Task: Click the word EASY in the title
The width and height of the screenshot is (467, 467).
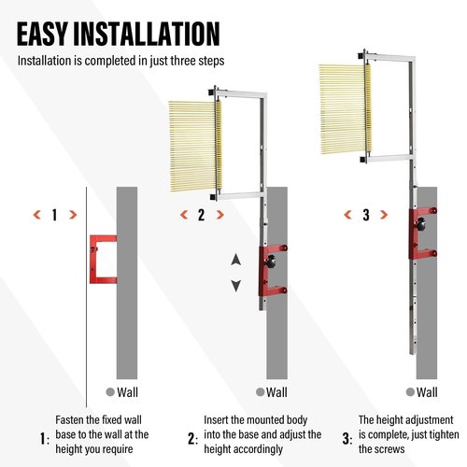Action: pos(42,34)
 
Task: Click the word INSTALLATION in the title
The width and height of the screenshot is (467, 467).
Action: pos(147,34)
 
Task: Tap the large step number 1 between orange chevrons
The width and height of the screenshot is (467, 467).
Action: pos(55,215)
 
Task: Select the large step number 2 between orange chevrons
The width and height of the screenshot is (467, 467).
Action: pos(202,215)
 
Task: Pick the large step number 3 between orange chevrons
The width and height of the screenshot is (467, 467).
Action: pos(366,215)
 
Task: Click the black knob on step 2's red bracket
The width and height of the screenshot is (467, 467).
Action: pos(271,261)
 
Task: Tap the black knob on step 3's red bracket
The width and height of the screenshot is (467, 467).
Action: pos(420,224)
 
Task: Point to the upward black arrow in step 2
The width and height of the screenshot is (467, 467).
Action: pos(236,260)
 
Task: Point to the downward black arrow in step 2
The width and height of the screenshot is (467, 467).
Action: pos(236,286)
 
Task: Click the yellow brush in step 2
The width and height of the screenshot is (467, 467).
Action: pos(195,146)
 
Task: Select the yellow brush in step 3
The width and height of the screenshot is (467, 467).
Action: pos(345,109)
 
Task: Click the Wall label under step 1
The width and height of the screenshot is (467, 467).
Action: pos(127,392)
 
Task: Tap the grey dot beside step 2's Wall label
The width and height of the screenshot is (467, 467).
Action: pos(260,392)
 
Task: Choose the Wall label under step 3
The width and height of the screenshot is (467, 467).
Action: pos(427,392)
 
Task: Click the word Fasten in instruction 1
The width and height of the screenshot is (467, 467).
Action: pos(69,419)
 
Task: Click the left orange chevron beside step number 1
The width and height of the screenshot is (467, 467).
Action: pos(37,215)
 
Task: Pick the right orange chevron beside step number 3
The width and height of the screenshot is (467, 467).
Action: pos(384,215)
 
